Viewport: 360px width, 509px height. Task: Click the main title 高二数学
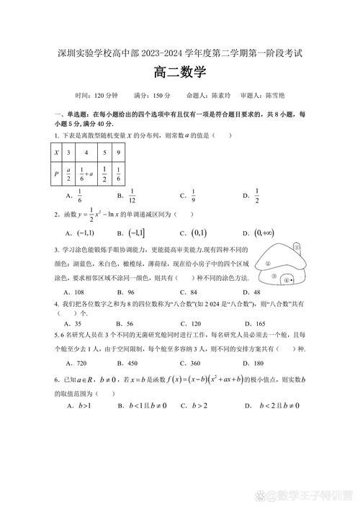pos(180,72)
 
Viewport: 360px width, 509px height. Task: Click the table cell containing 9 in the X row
pos(117,153)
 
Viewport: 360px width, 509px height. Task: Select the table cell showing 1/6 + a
pos(86,173)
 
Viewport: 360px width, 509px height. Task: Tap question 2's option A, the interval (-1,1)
pos(80,233)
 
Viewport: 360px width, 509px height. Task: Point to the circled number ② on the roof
pos(269,263)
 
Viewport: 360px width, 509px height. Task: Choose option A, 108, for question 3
pos(75,292)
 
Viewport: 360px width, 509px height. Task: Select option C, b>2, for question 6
pos(193,406)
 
